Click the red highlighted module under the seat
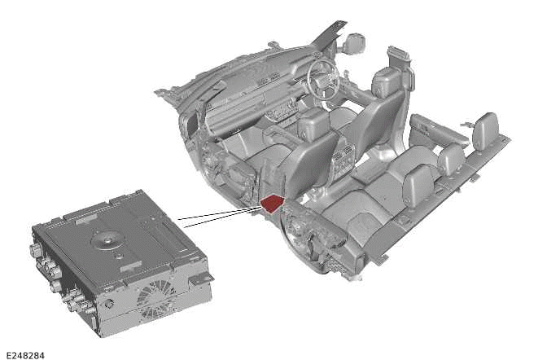coord(273,204)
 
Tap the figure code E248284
coord(26,355)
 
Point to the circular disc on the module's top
coord(107,240)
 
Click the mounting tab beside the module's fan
coord(201,277)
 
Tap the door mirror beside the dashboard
coord(356,42)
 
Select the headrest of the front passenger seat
coord(313,121)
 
